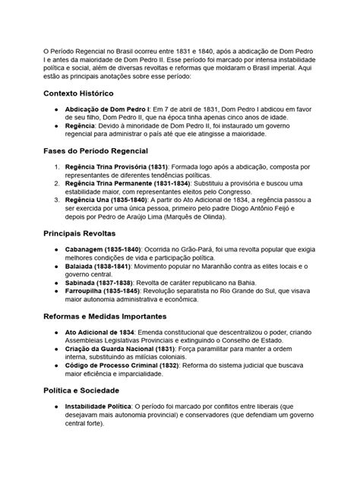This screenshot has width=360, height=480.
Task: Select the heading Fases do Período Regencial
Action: point(105,151)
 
